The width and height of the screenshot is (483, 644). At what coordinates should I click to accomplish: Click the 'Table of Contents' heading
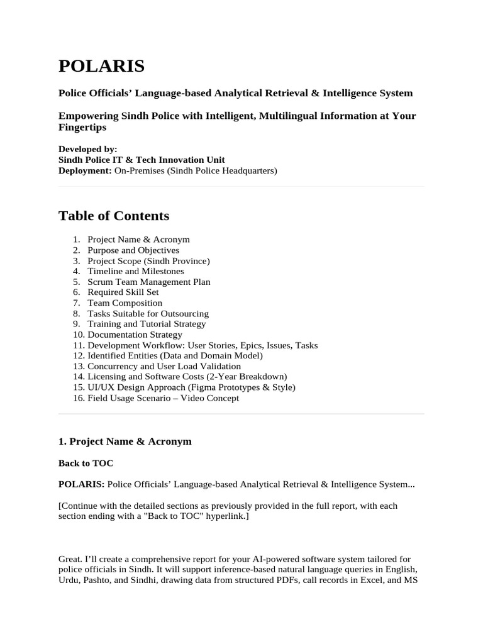[x=114, y=216]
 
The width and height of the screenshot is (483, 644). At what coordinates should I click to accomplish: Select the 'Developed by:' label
[x=87, y=149]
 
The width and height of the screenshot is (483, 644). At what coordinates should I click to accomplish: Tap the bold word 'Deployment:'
[x=85, y=170]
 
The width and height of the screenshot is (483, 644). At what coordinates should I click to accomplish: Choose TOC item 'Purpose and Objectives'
[x=133, y=250]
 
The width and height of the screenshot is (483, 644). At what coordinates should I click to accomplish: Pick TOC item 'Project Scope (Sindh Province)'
[x=148, y=261]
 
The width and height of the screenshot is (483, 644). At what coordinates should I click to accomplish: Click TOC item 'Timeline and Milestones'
[x=136, y=271]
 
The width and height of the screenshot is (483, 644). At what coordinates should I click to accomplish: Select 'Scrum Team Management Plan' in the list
[x=149, y=282]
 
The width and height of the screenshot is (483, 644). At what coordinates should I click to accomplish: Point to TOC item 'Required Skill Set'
[x=123, y=292]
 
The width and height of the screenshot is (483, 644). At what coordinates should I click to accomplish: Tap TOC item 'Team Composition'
[x=125, y=303]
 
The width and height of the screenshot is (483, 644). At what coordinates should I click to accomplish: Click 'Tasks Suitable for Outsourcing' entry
[x=148, y=314]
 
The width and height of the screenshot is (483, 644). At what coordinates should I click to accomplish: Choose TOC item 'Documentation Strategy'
[x=135, y=335]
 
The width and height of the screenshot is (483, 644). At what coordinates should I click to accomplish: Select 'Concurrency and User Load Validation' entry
[x=164, y=367]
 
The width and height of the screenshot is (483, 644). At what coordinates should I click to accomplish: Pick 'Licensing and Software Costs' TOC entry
[x=187, y=377]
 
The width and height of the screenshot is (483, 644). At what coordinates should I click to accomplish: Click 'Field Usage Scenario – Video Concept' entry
[x=163, y=398]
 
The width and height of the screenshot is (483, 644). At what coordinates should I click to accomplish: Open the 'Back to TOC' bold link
[x=86, y=463]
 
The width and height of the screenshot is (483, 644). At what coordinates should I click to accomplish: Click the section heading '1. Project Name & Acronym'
[x=125, y=441]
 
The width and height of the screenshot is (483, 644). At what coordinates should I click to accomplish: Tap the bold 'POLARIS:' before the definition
[x=82, y=484]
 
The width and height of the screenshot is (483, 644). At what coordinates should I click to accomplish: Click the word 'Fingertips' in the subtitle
[x=82, y=127]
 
